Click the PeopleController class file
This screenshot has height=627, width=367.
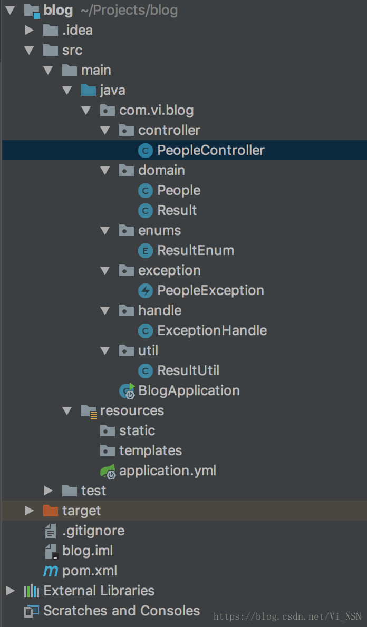coord(210,150)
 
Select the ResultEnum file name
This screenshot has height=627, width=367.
coord(195,250)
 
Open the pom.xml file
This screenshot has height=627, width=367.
coord(90,571)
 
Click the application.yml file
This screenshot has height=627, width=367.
coord(167,471)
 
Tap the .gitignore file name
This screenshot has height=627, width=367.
coord(93,531)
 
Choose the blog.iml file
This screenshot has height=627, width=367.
coord(88,551)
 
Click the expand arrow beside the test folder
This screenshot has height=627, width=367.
coord(49,491)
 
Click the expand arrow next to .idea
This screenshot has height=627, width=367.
coord(30,30)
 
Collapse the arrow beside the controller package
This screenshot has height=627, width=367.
coord(105,130)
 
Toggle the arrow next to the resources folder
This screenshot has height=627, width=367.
coord(67,410)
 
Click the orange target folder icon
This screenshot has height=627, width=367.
coord(51,511)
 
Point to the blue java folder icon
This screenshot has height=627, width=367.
coord(89,90)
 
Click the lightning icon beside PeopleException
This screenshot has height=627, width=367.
coord(145,290)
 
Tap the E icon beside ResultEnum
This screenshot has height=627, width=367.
coord(145,250)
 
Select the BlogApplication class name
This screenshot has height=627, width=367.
coord(189,390)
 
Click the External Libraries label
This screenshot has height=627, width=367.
coord(99,591)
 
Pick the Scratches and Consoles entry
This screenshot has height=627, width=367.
coord(121,611)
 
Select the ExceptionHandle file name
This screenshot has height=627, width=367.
coord(212,330)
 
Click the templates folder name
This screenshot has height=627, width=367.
coord(150,450)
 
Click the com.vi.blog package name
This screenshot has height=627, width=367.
coord(156,110)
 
